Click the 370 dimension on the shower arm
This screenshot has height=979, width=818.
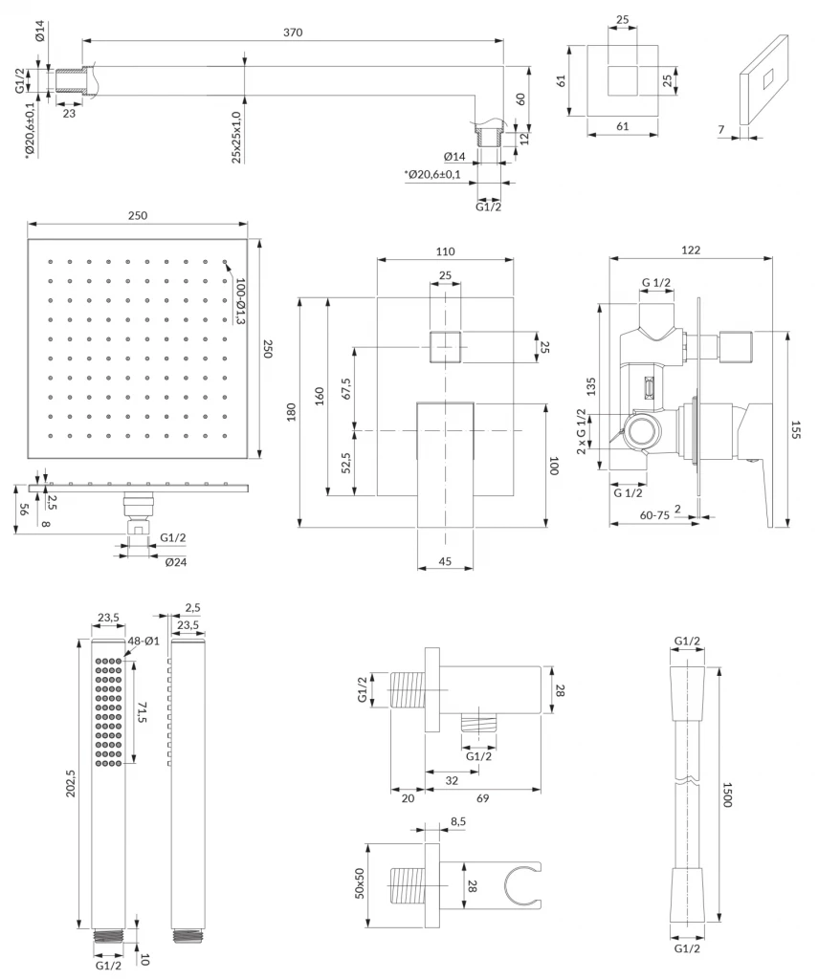pyautogui.click(x=293, y=33)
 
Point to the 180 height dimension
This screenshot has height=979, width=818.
pyautogui.click(x=289, y=412)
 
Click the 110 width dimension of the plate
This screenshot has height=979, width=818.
pyautogui.click(x=446, y=251)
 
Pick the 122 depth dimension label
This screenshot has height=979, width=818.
pyautogui.click(x=691, y=250)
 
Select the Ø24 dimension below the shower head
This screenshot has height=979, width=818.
pyautogui.click(x=175, y=561)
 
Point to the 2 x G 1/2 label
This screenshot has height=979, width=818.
pyautogui.click(x=582, y=431)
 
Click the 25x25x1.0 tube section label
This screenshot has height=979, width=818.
pyautogui.click(x=236, y=137)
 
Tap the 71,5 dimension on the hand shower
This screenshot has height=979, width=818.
pyautogui.click(x=144, y=712)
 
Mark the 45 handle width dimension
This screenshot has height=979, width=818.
pyautogui.click(x=445, y=562)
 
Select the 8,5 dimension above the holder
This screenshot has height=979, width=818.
pyautogui.click(x=457, y=821)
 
